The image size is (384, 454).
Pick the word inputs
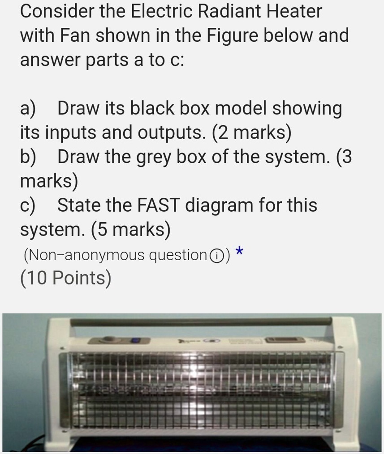(x=73, y=133)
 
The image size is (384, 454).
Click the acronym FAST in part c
(x=155, y=206)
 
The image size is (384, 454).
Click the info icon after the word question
(x=216, y=256)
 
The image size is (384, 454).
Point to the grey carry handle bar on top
(x=202, y=321)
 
